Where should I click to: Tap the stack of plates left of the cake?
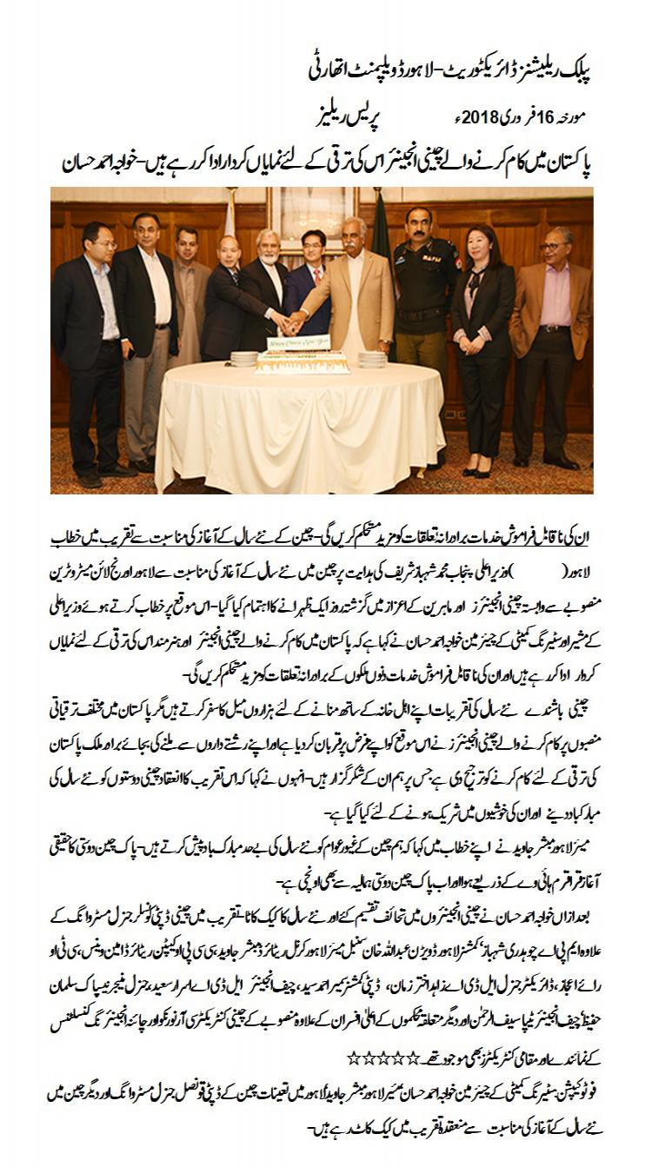[245, 357]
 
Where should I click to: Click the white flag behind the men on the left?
[230, 217]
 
